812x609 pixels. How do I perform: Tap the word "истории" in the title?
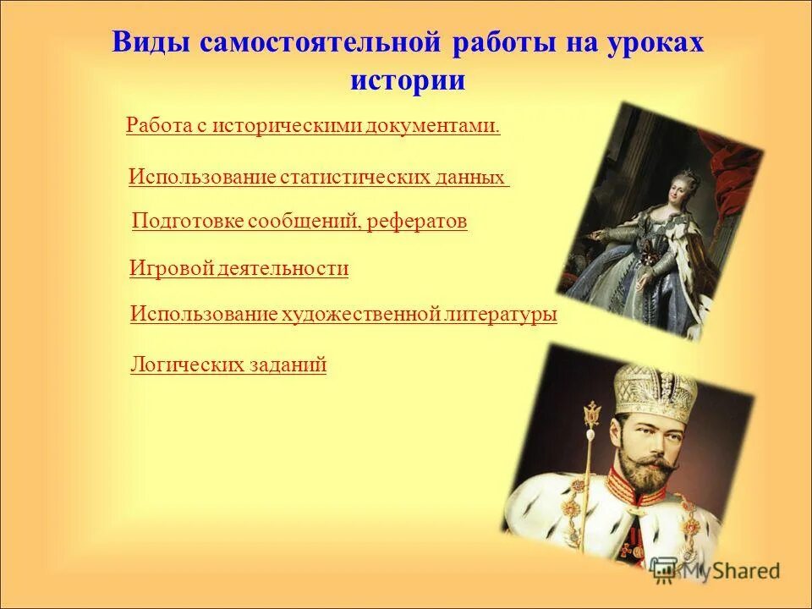tap(407, 80)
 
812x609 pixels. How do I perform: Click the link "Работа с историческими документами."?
tap(313, 126)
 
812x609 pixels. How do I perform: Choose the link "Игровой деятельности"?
tap(239, 269)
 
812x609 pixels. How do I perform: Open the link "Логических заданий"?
tap(228, 365)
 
